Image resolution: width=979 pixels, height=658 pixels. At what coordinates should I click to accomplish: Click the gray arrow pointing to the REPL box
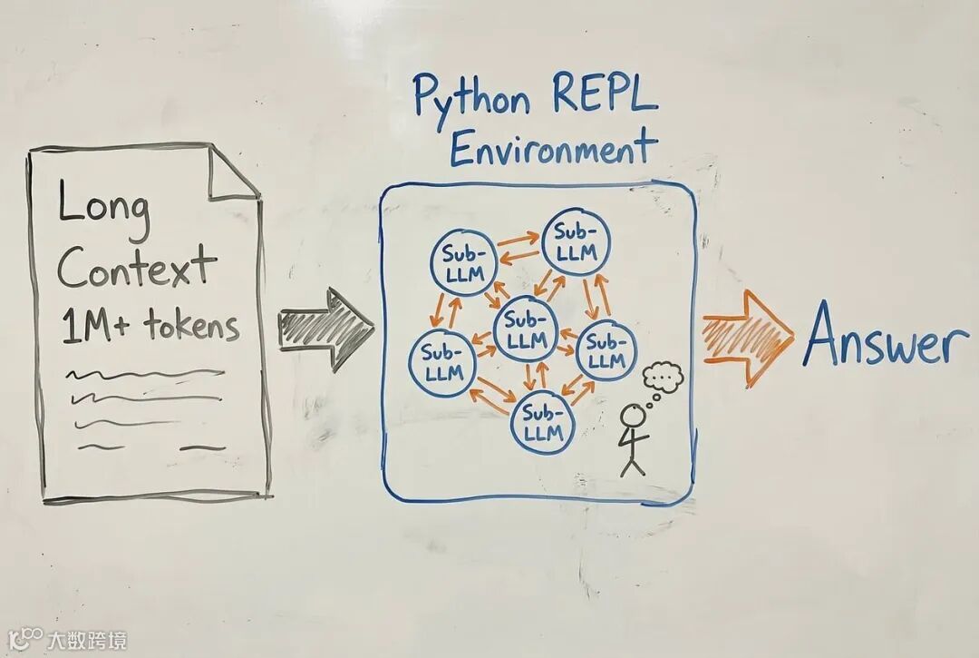(325, 329)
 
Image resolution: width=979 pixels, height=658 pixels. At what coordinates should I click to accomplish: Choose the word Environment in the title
(552, 147)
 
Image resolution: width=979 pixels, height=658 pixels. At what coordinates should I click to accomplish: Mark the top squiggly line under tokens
(144, 373)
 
